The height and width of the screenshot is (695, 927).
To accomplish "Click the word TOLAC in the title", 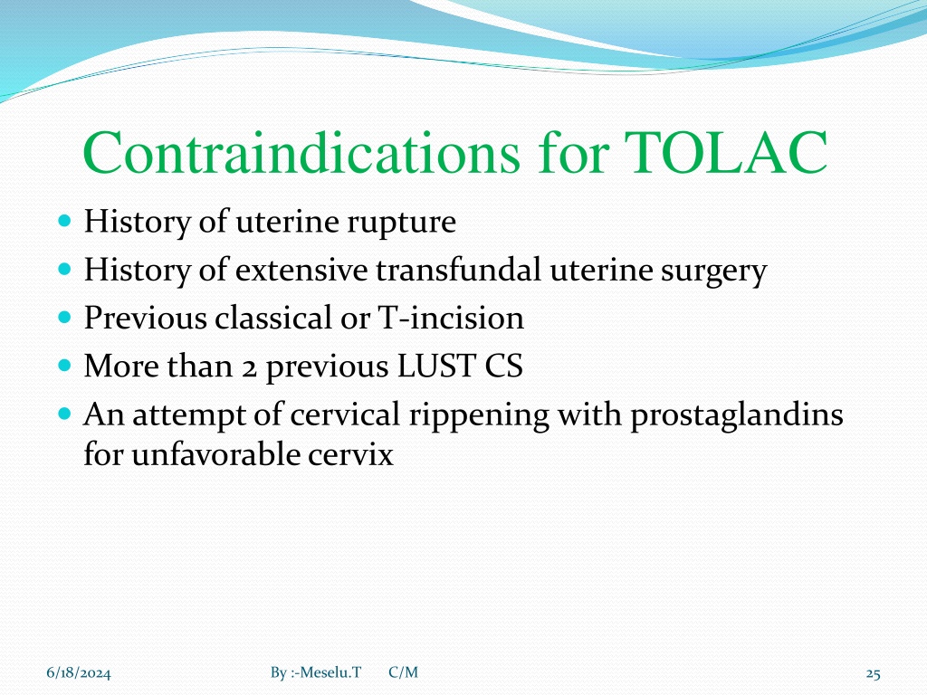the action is pos(725,152).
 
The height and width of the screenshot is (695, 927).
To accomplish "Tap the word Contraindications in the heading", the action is pos(301,152).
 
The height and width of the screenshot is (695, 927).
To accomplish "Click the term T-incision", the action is pos(451,318).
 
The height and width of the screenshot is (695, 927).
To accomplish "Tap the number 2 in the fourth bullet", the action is pos(250,368).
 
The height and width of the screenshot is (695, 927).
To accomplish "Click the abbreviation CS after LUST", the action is pos(503,366).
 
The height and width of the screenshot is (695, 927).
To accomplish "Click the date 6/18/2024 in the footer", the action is pos(79,673).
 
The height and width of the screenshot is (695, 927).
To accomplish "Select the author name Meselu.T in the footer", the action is pos(330,672).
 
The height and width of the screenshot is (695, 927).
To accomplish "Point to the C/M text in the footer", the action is pos(403,672).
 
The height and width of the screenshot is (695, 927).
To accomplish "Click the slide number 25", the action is pos(874,673).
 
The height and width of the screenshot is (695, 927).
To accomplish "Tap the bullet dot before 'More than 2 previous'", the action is pos(65,366).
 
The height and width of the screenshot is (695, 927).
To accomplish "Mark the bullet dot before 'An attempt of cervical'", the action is pos(65,413).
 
